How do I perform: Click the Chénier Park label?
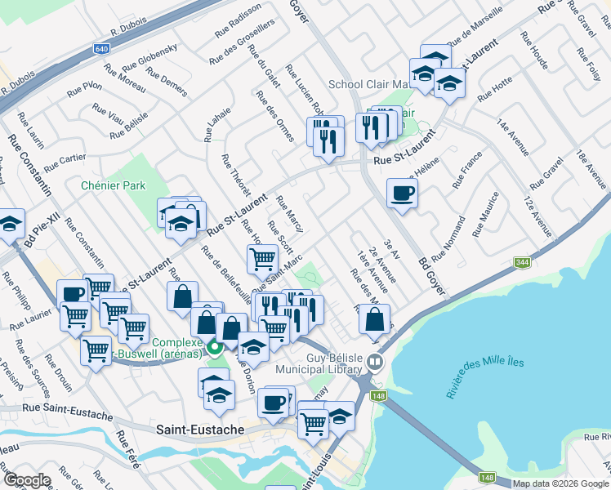[x=113, y=185]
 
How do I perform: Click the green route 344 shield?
[x=522, y=263]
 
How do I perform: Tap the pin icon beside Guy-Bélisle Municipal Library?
[x=376, y=360]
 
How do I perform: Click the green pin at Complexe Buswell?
[x=215, y=347]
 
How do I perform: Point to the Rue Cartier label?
[x=65, y=163]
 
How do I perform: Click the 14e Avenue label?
[x=512, y=137]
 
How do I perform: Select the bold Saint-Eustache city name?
[x=194, y=430]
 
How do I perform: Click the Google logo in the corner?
[x=26, y=481]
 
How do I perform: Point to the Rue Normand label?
[x=450, y=238]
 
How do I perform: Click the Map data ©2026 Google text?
[x=560, y=483]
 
